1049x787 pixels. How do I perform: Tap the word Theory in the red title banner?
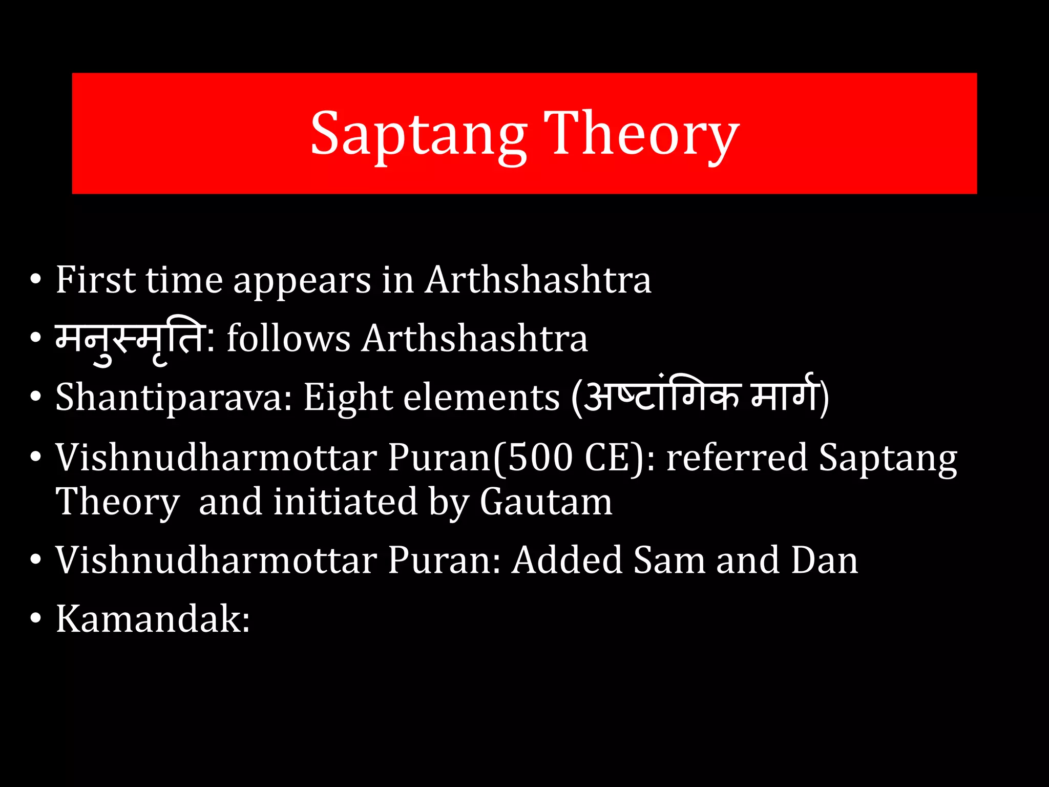point(641,134)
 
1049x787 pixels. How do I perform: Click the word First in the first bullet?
point(96,280)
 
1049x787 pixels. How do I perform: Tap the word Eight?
point(347,398)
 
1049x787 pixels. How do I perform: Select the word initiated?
point(345,502)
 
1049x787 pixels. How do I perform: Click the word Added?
point(567,560)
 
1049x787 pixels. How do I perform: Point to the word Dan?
point(824,560)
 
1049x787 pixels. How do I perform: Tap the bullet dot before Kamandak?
point(35,619)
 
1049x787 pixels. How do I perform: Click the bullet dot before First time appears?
point(35,280)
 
